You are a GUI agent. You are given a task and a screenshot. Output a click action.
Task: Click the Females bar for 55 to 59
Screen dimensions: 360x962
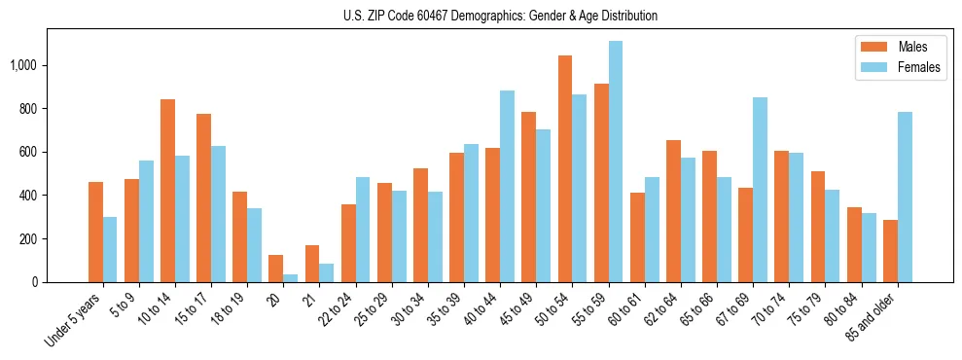pyautogui.click(x=616, y=162)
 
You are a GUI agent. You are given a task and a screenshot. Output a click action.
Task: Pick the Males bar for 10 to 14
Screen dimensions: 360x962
pyautogui.click(x=167, y=191)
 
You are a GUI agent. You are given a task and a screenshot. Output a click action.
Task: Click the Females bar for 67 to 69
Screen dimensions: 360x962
pyautogui.click(x=760, y=190)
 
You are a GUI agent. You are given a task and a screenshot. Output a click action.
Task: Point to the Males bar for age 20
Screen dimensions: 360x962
pyautogui.click(x=276, y=269)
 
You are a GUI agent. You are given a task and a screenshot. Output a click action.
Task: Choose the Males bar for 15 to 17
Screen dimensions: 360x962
pyautogui.click(x=203, y=198)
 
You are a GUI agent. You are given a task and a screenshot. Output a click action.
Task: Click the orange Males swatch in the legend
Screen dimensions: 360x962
pyautogui.click(x=873, y=46)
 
